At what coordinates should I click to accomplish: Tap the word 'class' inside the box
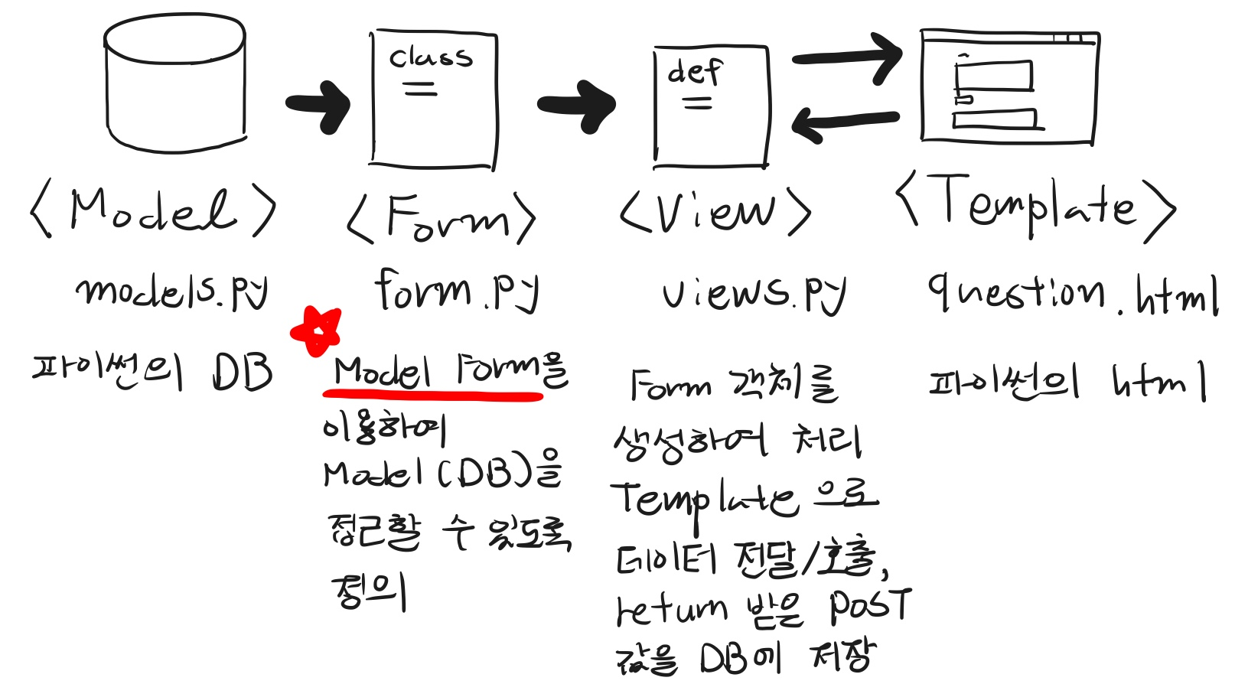(431, 57)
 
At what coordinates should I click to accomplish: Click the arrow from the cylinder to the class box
(318, 104)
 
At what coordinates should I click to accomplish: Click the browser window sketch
(1009, 86)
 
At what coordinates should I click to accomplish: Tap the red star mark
(316, 331)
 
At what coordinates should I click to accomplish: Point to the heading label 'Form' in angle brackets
(442, 219)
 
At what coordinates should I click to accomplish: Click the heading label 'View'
(715, 211)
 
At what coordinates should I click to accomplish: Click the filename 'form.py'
(457, 291)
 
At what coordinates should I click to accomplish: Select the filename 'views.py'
(754, 293)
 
